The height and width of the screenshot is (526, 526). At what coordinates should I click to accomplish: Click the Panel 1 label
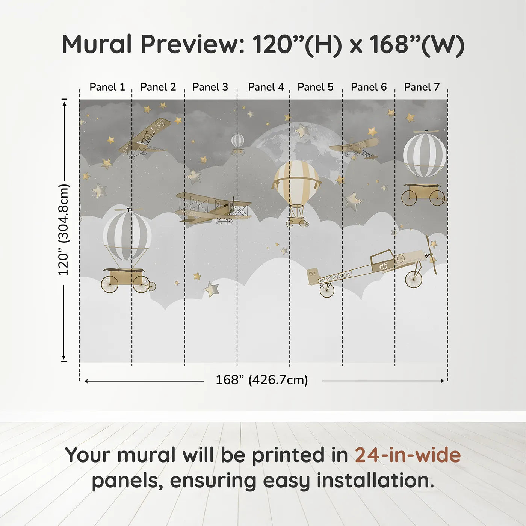107,87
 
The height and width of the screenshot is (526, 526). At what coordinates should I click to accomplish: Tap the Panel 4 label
266,87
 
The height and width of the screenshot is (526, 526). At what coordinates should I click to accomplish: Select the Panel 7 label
422,87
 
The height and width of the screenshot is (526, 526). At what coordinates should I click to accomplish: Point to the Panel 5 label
315,87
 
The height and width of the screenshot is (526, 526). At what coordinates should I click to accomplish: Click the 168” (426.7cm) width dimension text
262,380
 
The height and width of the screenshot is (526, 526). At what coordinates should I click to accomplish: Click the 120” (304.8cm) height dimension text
64,230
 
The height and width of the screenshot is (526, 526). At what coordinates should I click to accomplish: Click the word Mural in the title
97,44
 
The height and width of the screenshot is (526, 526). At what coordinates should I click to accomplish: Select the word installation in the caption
375,480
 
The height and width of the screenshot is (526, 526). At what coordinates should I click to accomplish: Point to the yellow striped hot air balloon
296,180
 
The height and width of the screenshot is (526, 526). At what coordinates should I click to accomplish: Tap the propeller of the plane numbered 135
431,254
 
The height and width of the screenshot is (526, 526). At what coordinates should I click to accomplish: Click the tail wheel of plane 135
327,290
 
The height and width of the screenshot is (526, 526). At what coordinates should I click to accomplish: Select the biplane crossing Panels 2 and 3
213,209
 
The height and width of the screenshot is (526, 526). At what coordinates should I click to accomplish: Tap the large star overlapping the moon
302,130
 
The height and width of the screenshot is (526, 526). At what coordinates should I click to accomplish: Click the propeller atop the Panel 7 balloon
425,132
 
